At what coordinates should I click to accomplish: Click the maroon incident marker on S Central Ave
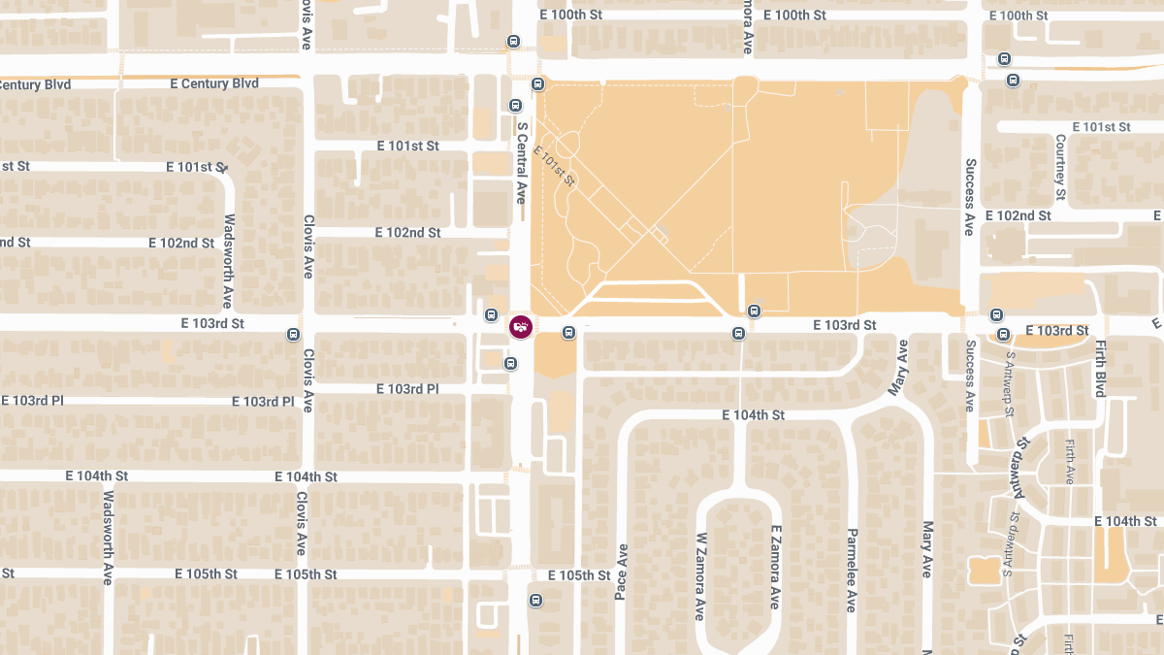[521, 326]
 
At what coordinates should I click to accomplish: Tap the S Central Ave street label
[521, 161]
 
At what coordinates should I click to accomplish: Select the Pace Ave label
[621, 572]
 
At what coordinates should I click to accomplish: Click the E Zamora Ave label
[775, 568]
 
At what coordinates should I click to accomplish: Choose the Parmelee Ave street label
[851, 571]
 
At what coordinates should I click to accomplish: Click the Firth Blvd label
[1100, 369]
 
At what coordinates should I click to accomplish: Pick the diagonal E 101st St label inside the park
[555, 166]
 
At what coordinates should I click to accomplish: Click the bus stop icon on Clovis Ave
[294, 335]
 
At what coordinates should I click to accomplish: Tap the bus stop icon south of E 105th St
[535, 601]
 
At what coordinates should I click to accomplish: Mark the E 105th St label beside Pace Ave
[578, 575]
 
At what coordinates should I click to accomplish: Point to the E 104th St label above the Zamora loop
[753, 415]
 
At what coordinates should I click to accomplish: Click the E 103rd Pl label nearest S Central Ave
[407, 389]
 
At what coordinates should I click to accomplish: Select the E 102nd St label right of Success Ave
[1018, 215]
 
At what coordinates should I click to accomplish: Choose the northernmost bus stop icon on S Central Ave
[513, 42]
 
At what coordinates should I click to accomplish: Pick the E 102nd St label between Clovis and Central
[407, 233]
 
